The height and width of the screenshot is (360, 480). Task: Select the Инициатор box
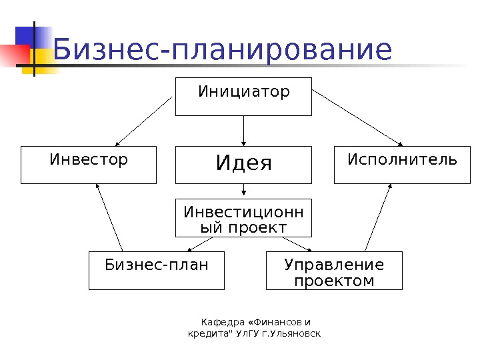(243, 97)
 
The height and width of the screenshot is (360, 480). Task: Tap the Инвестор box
(89, 165)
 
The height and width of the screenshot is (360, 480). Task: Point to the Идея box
(243, 165)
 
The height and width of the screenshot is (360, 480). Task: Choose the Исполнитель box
(402, 165)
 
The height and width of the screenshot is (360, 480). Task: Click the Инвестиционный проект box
(243, 218)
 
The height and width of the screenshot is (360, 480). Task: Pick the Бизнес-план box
(157, 270)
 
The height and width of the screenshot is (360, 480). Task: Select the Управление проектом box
(334, 271)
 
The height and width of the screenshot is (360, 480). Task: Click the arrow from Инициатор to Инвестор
(145, 122)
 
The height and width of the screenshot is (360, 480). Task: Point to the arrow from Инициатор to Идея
(244, 131)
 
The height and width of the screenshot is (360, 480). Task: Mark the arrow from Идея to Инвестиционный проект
(244, 191)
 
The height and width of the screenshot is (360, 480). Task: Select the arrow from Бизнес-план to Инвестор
(110, 218)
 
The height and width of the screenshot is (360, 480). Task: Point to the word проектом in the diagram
(334, 281)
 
